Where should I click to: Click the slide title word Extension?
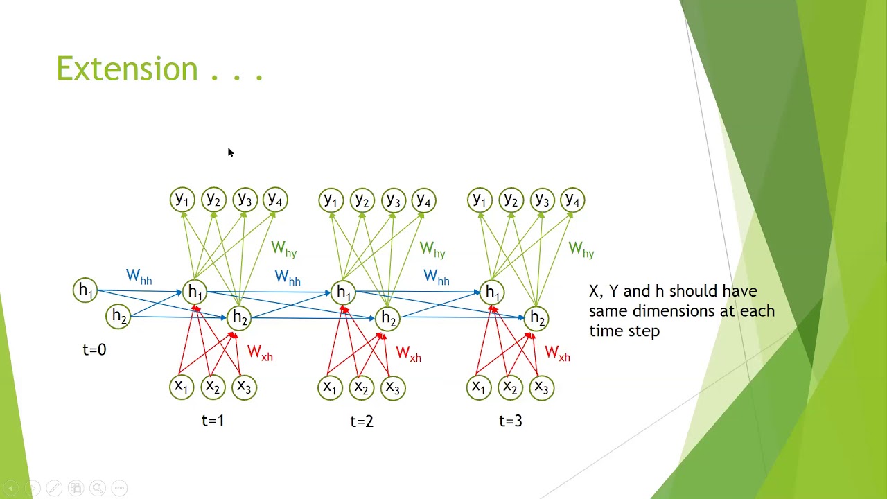click(x=128, y=69)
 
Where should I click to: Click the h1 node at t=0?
click(x=85, y=290)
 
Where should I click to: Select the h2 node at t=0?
click(x=119, y=317)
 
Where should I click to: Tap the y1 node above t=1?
click(x=182, y=200)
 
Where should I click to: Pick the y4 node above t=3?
click(x=572, y=200)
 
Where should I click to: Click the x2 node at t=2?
click(x=361, y=387)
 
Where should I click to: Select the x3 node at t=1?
click(x=244, y=387)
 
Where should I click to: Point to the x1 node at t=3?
click(x=479, y=387)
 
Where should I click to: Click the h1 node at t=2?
click(x=344, y=292)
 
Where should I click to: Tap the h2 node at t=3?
click(x=537, y=318)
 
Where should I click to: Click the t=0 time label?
click(x=94, y=350)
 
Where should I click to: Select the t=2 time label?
click(x=362, y=421)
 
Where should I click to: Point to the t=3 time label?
click(x=511, y=421)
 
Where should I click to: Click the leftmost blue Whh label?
click(x=139, y=277)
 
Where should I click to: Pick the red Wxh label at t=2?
click(x=408, y=354)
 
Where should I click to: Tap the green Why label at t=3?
click(x=581, y=249)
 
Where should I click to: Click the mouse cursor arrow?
click(x=230, y=152)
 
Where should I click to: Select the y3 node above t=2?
click(x=393, y=200)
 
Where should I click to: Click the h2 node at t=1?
click(x=240, y=318)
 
